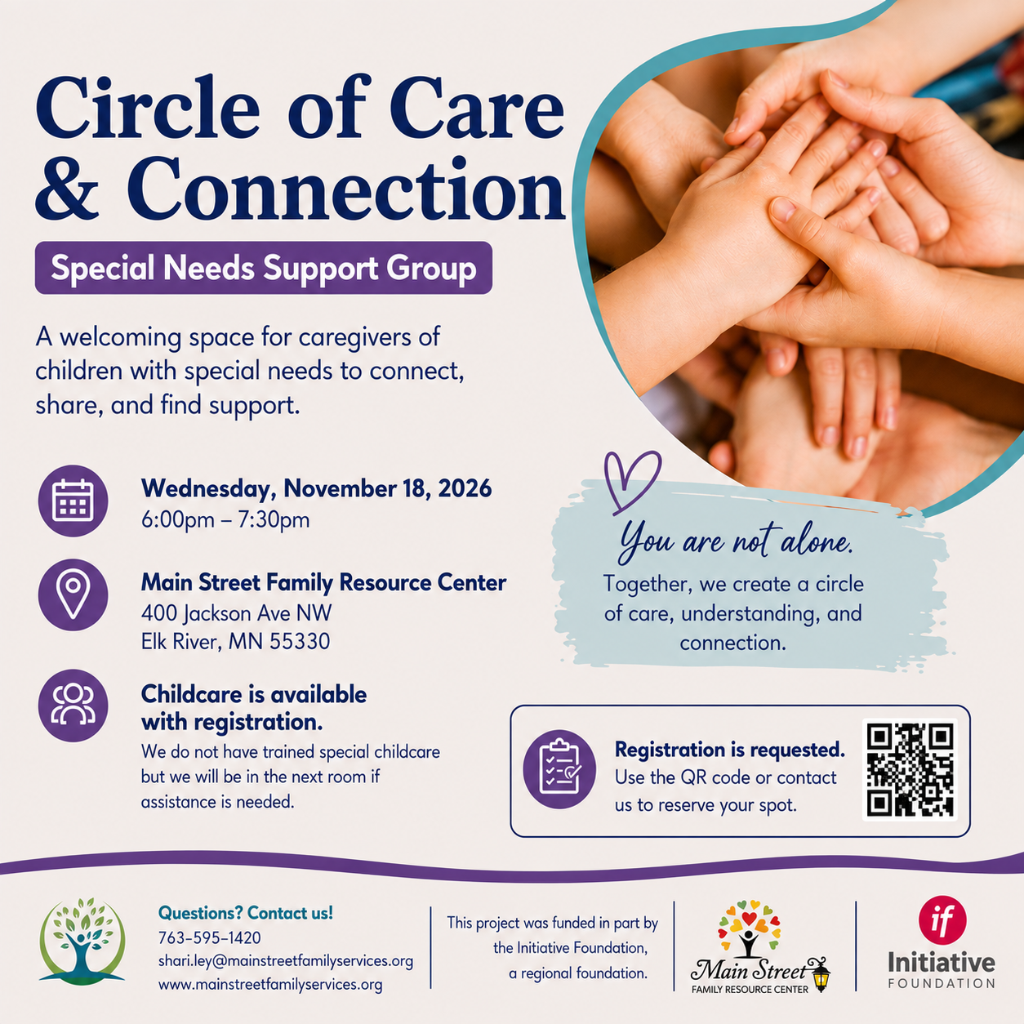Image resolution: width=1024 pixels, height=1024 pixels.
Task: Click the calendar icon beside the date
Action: pos(73,501)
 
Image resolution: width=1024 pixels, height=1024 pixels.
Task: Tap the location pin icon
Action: pos(73,594)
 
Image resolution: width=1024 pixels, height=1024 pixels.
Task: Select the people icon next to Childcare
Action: pos(73,705)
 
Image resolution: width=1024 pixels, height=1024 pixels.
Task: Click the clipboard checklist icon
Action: pos(559,769)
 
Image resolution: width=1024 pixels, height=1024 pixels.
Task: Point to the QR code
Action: pos(910,769)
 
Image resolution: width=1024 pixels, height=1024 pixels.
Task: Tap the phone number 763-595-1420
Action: pos(209,938)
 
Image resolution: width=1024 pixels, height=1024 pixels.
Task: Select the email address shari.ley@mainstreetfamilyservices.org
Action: pos(285,961)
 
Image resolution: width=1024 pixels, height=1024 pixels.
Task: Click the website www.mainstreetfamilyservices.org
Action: pos(270,985)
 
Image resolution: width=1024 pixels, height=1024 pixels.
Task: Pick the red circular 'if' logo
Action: pos(942,920)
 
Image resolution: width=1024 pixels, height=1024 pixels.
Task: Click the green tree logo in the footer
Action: pos(82,940)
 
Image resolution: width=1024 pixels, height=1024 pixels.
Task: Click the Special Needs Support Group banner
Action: pos(264,267)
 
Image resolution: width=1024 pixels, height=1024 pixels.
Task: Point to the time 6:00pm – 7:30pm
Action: pos(225,519)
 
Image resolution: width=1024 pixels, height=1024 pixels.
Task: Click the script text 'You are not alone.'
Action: pos(735,542)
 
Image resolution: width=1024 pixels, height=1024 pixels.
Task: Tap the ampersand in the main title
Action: pos(67,189)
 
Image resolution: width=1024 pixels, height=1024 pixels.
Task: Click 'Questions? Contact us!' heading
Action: pos(246,913)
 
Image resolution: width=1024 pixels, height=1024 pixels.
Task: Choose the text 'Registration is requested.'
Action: pos(729,750)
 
